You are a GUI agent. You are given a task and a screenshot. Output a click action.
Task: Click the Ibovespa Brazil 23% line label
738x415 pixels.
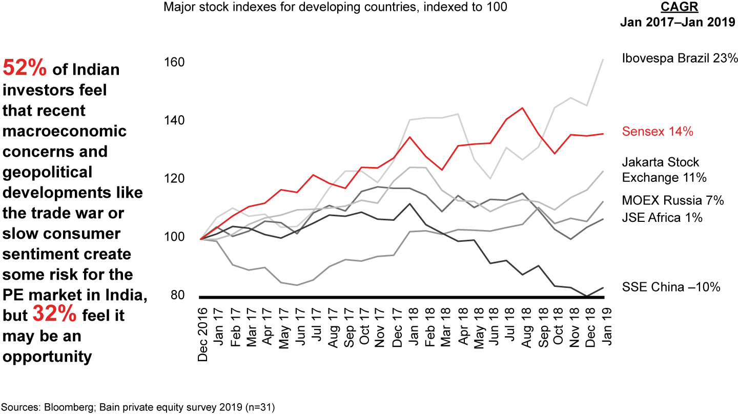tap(680, 58)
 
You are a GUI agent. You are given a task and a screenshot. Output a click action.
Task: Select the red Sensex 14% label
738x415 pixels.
tap(658, 132)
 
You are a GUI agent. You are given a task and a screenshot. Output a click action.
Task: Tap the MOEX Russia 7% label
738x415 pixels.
tap(673, 200)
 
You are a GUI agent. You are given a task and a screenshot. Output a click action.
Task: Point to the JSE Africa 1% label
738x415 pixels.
tap(662, 218)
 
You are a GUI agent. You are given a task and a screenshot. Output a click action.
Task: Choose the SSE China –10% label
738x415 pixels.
tap(671, 287)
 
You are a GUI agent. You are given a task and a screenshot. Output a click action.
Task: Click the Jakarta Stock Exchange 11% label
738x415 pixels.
tap(664, 170)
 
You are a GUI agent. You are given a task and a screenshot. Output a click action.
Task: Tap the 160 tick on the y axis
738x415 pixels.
tap(174, 63)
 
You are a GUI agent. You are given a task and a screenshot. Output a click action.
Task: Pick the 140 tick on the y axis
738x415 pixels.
tap(174, 121)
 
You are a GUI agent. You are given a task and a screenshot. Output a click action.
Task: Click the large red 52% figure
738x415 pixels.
tap(25, 69)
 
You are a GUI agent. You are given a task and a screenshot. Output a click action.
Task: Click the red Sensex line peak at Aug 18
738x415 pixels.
tap(522, 108)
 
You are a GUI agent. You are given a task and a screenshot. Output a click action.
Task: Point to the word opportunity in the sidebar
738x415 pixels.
tap(47, 357)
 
